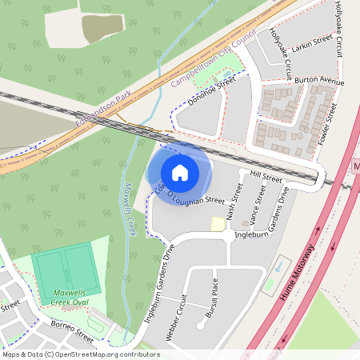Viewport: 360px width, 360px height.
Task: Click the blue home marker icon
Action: (x=180, y=172)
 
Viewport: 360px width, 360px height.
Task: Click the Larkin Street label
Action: (x=313, y=41)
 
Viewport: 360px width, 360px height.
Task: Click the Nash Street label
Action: (x=234, y=202)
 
